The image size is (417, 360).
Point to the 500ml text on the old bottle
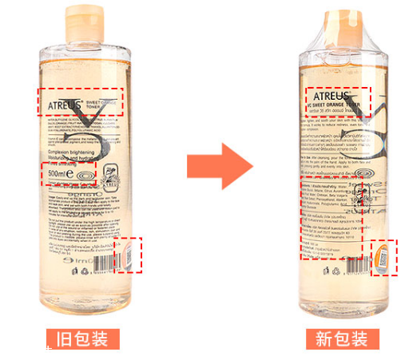[61, 172]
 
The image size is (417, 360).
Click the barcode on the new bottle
[352, 266]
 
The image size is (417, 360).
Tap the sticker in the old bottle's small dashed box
[128, 255]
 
